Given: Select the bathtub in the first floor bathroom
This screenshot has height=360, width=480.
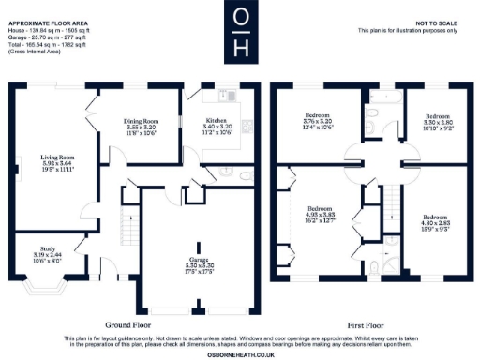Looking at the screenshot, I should [383, 96].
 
